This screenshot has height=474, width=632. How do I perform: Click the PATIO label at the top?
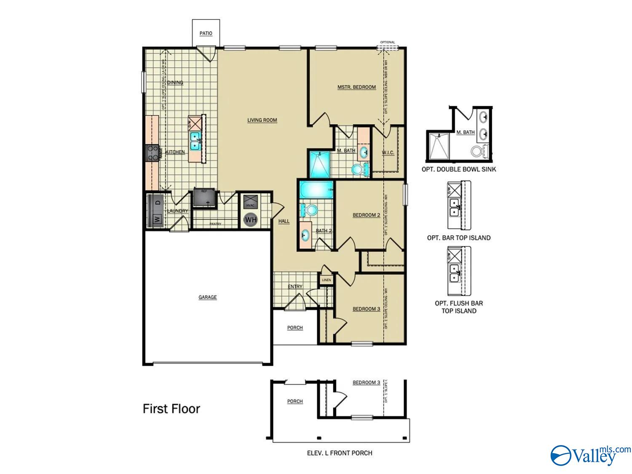pyautogui.click(x=206, y=33)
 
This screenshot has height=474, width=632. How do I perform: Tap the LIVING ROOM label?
pyautogui.click(x=262, y=120)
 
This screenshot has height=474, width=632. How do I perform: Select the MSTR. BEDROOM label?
pyautogui.click(x=356, y=87)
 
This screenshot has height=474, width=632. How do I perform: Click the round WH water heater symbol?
pyautogui.click(x=250, y=220)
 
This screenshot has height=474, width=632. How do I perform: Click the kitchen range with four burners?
pyautogui.click(x=153, y=153)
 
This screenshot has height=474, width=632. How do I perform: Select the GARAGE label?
pyautogui.click(x=207, y=297)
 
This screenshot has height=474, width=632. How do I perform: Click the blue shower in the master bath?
pyautogui.click(x=319, y=164)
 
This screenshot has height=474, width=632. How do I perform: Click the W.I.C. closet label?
pyautogui.click(x=388, y=153)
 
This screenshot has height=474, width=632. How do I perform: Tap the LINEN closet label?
pyautogui.click(x=327, y=280)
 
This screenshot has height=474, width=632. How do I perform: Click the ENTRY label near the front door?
pyautogui.click(x=295, y=287)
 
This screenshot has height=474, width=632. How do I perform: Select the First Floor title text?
pyautogui.click(x=171, y=409)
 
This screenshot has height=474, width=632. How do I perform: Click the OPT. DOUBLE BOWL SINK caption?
pyautogui.click(x=459, y=169)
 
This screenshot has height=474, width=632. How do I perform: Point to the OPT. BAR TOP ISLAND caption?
pyautogui.click(x=459, y=238)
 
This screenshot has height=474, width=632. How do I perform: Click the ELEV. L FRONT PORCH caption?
pyautogui.click(x=340, y=453)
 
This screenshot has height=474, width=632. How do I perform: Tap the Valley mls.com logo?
pyautogui.click(x=590, y=455)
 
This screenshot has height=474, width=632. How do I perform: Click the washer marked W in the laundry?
pyautogui.click(x=157, y=219)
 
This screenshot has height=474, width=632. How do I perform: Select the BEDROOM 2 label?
pyautogui.click(x=366, y=215)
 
